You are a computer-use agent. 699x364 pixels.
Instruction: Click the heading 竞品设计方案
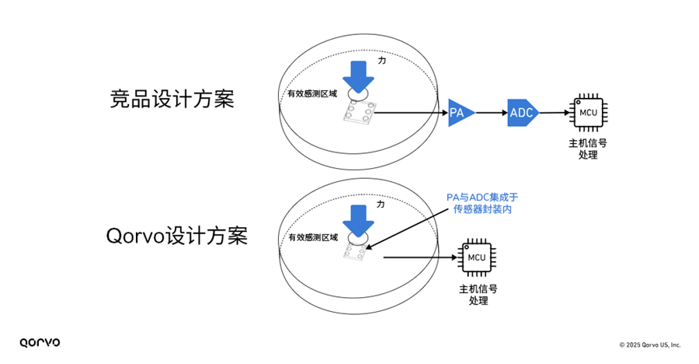pyautogui.click(x=171, y=100)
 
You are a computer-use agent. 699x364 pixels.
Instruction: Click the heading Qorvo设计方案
pyautogui.click(x=176, y=236)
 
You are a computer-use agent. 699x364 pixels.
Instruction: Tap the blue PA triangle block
pyautogui.click(x=457, y=114)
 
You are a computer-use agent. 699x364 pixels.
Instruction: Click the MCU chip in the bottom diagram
pyautogui.click(x=477, y=257)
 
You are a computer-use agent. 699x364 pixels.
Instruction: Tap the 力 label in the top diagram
pyautogui.click(x=381, y=60)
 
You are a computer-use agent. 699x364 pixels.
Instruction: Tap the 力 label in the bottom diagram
pyautogui.click(x=381, y=204)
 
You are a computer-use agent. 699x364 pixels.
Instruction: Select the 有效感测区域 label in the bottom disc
pyautogui.click(x=313, y=237)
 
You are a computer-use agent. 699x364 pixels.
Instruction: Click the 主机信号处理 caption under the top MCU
pyautogui.click(x=588, y=149)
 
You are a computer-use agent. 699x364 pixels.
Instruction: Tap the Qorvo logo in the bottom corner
pyautogui.click(x=40, y=342)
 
